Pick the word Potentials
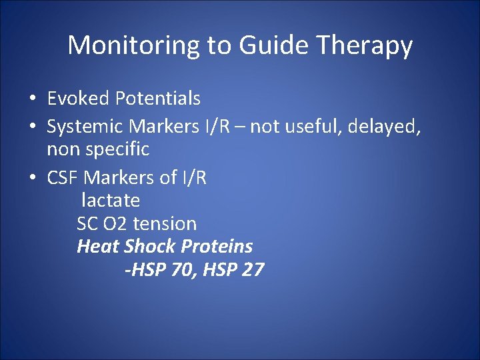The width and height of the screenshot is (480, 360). (157, 99)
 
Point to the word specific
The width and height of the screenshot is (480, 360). (119, 149)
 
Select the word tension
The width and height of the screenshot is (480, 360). (165, 223)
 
